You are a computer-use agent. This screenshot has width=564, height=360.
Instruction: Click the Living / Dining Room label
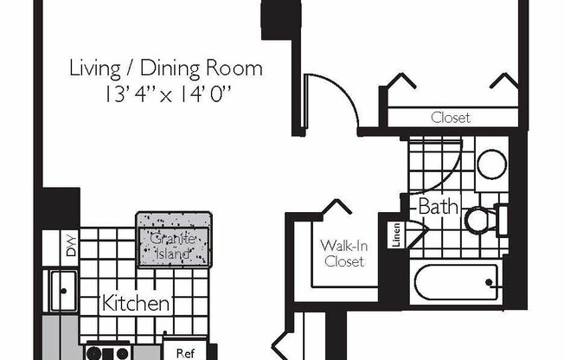[166, 68]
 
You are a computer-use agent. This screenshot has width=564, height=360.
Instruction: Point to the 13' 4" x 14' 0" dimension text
[167, 94]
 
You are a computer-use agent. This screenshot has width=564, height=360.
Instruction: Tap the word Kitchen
[136, 303]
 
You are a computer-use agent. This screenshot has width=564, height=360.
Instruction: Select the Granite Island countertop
[174, 240]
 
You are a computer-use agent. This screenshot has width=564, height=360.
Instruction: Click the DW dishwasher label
[72, 246]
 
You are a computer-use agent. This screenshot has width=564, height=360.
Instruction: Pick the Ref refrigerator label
[186, 353]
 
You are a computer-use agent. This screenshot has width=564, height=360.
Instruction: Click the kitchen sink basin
[64, 292]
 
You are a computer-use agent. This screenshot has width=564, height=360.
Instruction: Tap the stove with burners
[108, 352]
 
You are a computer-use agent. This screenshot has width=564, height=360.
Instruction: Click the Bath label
[439, 207]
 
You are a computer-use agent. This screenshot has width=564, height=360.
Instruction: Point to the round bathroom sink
[492, 164]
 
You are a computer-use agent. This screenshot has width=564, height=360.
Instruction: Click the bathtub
[457, 283]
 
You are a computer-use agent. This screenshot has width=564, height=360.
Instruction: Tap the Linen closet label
[396, 235]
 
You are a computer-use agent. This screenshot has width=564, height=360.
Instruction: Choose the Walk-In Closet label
[344, 254]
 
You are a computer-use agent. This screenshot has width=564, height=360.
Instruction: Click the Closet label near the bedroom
[451, 118]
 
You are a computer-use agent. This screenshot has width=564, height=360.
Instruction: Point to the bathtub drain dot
[489, 282]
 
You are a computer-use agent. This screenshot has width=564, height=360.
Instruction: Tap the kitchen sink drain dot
[64, 291]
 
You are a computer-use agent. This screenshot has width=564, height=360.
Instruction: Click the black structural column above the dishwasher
[61, 208]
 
